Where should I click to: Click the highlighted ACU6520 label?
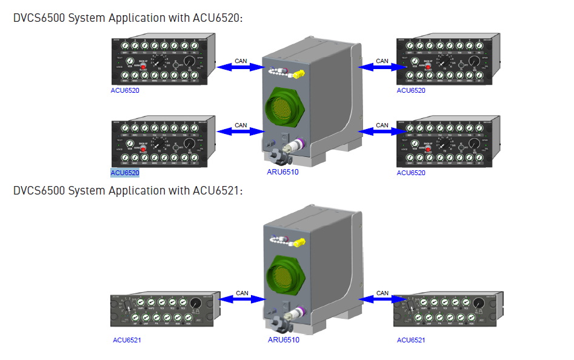pyautogui.click(x=125, y=173)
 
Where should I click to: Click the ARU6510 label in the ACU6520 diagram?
pyautogui.click(x=283, y=172)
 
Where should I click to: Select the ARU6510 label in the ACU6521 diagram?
pyautogui.click(x=283, y=339)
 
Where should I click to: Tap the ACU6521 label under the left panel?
pyautogui.click(x=127, y=340)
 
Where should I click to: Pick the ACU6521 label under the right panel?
pyautogui.click(x=411, y=340)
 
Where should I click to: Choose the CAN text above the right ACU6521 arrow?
pyautogui.click(x=382, y=293)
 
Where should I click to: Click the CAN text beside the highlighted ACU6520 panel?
pyautogui.click(x=241, y=125)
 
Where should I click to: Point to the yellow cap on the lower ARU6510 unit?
pyautogui.click(x=298, y=244)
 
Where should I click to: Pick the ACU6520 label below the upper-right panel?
pyautogui.click(x=411, y=90)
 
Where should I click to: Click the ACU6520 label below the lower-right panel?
pyautogui.click(x=411, y=173)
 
